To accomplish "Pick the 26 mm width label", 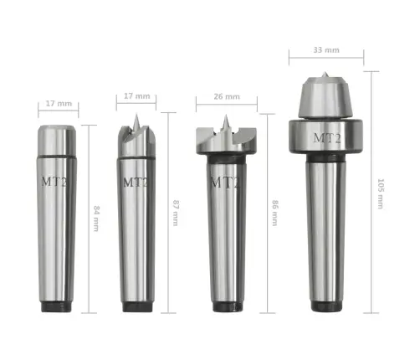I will pyautogui.click(x=226, y=97).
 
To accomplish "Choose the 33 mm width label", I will pyautogui.click(x=325, y=49).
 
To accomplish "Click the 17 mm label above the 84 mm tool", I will pyautogui.click(x=57, y=105).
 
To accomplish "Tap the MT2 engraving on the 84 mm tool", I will pyautogui.click(x=57, y=180).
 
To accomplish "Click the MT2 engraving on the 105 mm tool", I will pyautogui.click(x=326, y=137).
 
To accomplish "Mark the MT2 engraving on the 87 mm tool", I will pyautogui.click(x=136, y=181).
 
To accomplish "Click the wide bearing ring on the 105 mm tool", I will pyautogui.click(x=326, y=138).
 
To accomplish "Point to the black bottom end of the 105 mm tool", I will pyautogui.click(x=326, y=306).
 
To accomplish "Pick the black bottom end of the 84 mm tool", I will pyautogui.click(x=58, y=306).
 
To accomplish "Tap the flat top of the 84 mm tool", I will pyautogui.click(x=57, y=126).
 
